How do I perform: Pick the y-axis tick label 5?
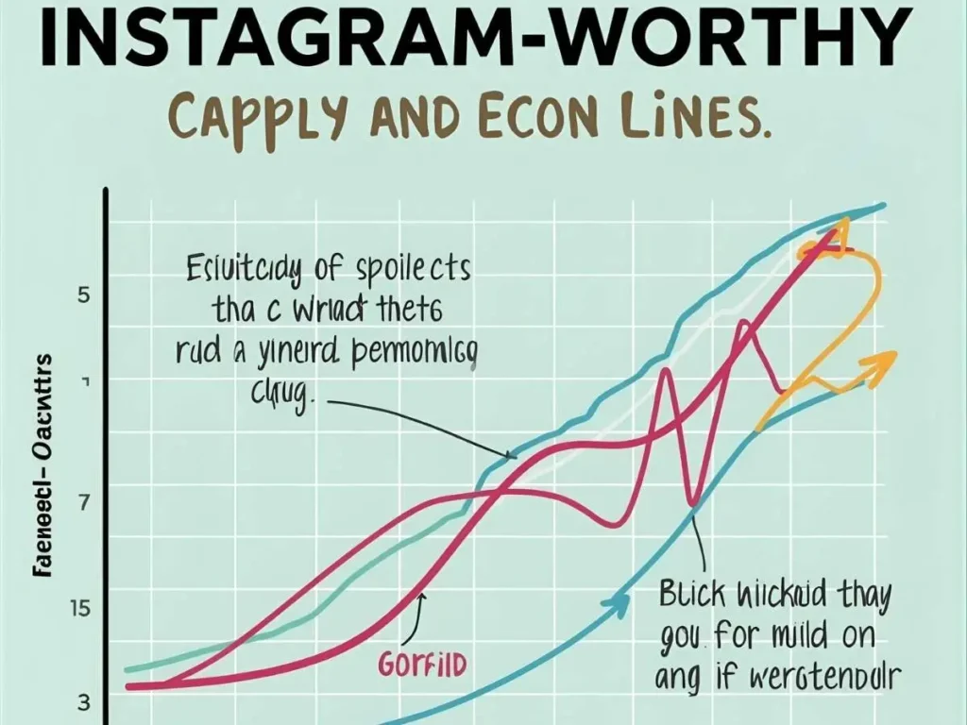coord(83,295)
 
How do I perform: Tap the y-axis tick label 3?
coord(83,702)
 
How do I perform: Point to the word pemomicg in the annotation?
coord(416,353)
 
